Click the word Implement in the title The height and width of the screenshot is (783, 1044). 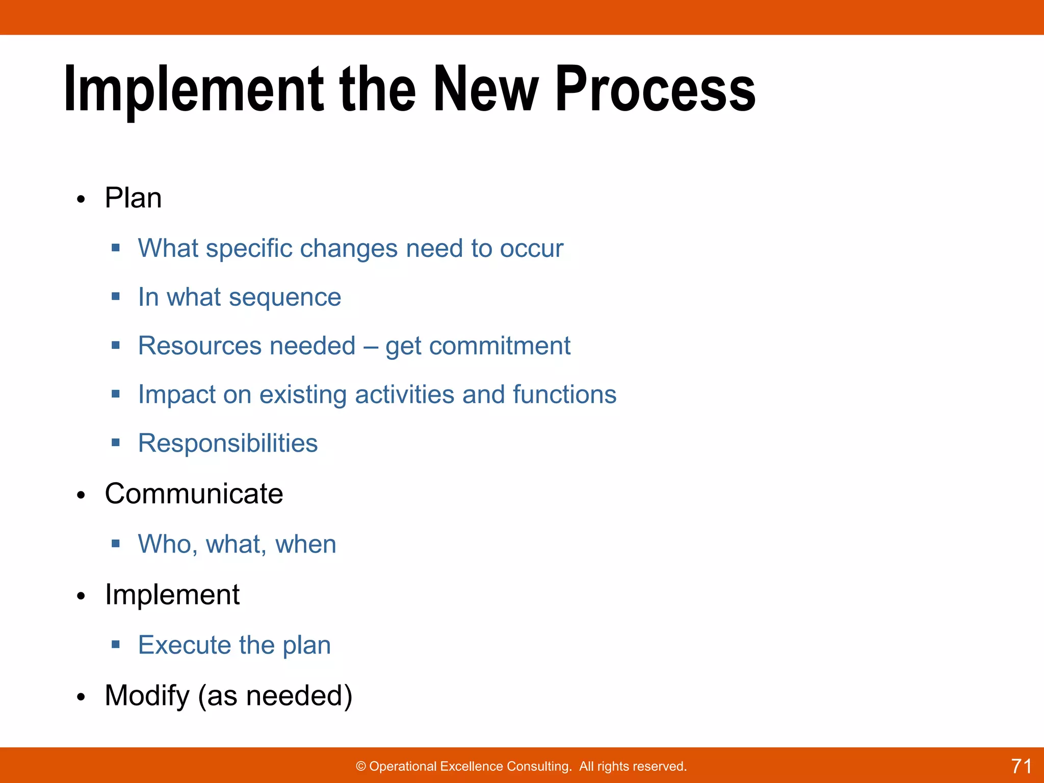point(194,89)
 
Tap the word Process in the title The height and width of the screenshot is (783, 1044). point(655,89)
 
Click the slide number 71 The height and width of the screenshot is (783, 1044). point(1021,766)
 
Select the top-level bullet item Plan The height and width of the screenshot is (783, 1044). point(133,198)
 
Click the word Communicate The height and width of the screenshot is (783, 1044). point(194,493)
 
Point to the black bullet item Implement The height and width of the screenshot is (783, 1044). point(172,594)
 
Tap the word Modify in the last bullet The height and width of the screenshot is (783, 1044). point(147,695)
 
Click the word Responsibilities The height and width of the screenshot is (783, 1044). point(228,443)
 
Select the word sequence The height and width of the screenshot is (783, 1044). point(285,297)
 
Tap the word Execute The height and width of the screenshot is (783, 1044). point(185,645)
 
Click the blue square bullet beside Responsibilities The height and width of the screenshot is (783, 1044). point(116,442)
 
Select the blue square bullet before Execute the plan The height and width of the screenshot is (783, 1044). point(116,644)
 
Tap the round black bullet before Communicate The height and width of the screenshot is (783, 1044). point(81,495)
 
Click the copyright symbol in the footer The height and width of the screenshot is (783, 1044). point(360,767)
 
